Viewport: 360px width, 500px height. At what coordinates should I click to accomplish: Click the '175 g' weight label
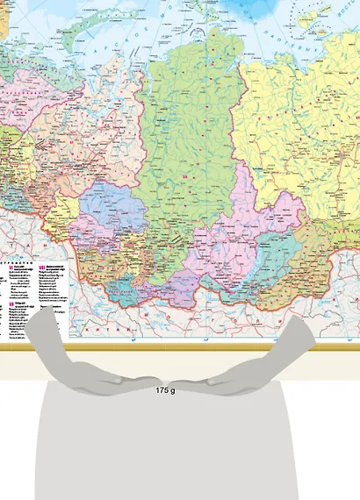(x=165, y=389)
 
